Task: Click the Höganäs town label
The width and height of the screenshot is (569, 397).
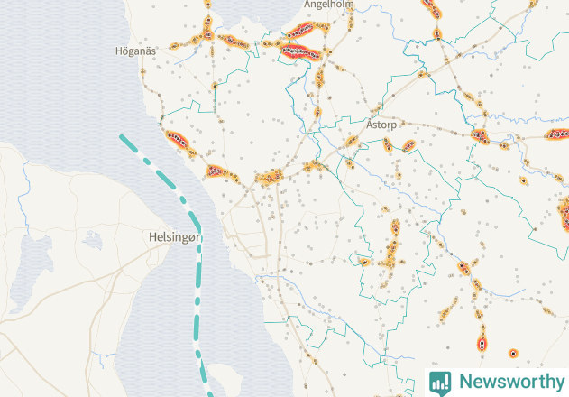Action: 136,51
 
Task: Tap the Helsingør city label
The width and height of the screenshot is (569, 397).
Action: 175,237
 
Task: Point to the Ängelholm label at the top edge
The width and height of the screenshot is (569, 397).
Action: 328,5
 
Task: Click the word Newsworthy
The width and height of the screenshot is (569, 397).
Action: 510,382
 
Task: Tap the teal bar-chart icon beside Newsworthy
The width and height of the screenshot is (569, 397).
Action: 440,382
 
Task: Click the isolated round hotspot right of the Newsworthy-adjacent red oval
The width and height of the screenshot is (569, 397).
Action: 513,353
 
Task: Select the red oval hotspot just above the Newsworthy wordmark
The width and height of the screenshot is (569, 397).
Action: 482,344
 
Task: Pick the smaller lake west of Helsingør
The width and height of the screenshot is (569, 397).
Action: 91,241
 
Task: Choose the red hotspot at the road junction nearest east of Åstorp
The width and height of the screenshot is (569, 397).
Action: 408,145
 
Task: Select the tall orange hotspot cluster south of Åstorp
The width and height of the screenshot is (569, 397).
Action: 393,244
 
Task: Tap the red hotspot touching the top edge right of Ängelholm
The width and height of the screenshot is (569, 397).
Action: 430,7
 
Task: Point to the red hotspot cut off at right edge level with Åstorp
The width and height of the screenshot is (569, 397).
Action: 558,134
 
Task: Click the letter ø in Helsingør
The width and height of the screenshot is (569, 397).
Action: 195,237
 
